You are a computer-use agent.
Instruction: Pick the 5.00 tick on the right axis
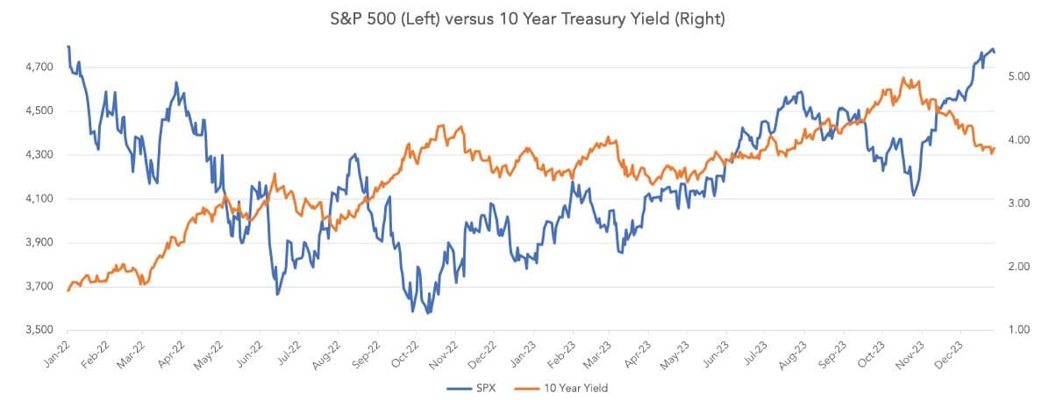(x=1018, y=77)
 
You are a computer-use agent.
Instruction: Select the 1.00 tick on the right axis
(x=1018, y=330)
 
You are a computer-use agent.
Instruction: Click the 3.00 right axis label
(x=1018, y=203)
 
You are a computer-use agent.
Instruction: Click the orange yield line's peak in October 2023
(x=903, y=78)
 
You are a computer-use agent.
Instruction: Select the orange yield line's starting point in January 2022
(x=68, y=290)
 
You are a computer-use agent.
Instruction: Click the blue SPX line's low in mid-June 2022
(x=277, y=294)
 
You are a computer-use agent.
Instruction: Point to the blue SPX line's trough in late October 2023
(x=914, y=195)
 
